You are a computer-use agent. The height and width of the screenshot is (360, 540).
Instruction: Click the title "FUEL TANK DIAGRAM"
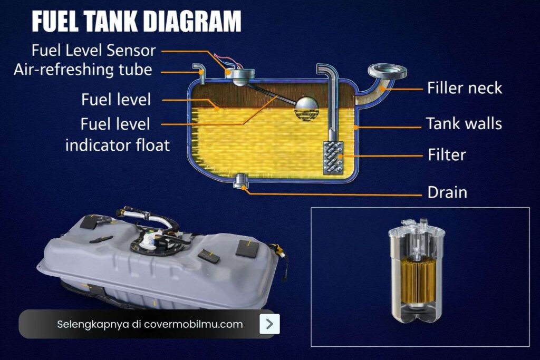[136, 22]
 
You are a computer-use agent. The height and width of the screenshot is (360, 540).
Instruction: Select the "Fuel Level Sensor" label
[94, 51]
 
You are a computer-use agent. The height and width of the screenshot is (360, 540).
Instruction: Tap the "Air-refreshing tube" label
[83, 70]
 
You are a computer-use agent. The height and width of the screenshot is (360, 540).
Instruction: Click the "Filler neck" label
[465, 87]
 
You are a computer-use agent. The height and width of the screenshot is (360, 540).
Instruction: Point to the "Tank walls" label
[464, 124]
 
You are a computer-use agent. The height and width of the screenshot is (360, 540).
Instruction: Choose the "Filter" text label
[447, 155]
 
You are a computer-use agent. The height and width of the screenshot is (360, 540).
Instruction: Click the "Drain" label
[447, 192]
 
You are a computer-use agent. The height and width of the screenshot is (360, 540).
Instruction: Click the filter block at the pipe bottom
[333, 157]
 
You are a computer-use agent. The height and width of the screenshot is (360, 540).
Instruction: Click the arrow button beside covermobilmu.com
[269, 324]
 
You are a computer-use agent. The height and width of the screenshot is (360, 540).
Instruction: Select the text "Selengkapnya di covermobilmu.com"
[150, 324]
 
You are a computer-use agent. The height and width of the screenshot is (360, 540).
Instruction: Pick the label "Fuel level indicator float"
[117, 134]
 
